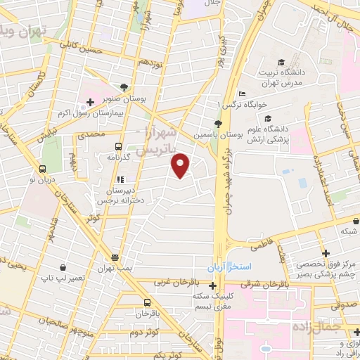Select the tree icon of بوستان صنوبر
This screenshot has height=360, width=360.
tap(124, 87)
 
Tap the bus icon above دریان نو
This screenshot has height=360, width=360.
tap(43, 169)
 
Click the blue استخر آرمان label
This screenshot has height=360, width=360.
tap(224, 269)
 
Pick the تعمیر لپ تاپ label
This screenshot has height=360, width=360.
tap(63, 278)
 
